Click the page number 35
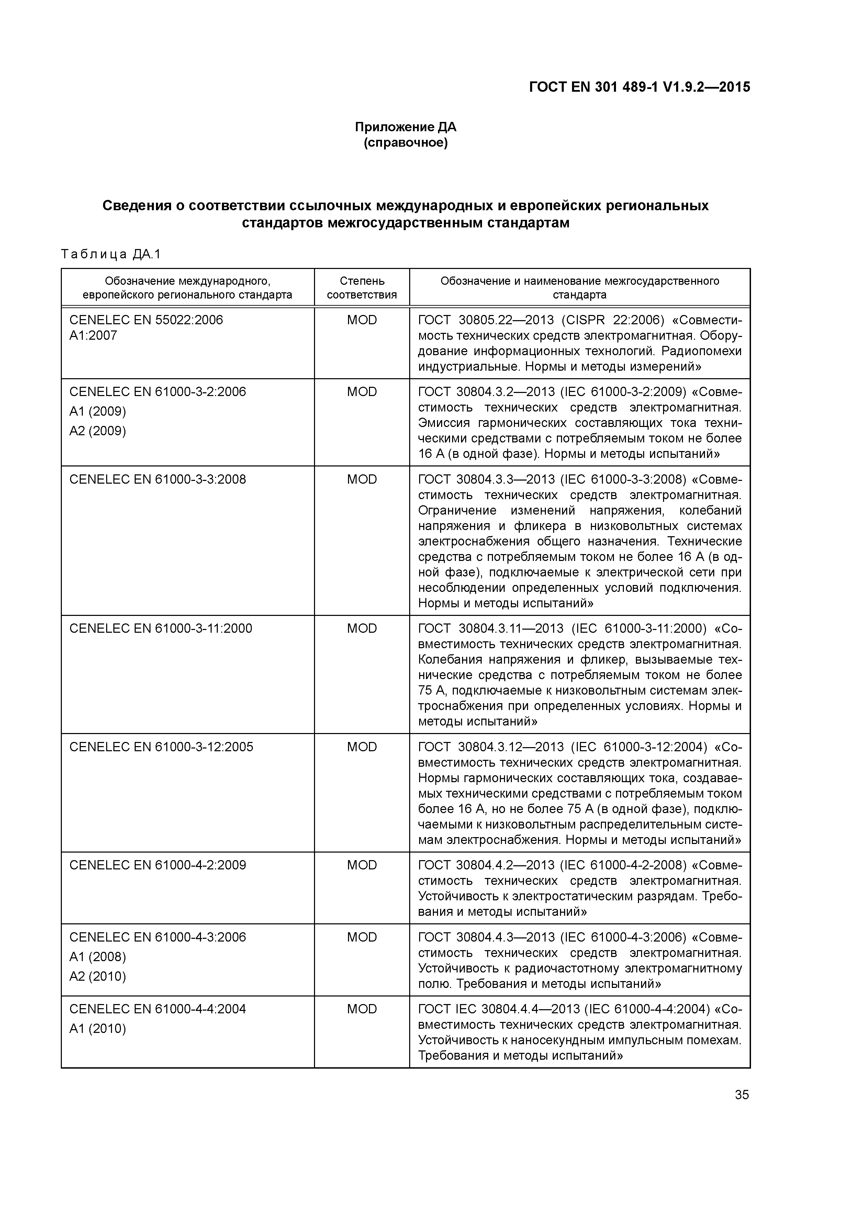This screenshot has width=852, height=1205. tap(741, 1095)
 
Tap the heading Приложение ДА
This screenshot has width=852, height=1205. tap(405, 127)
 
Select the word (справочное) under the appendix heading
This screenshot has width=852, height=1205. tap(405, 143)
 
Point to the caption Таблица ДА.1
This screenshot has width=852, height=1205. tap(111, 255)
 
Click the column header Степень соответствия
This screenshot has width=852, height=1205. tap(362, 288)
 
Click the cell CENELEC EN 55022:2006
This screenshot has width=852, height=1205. tap(146, 320)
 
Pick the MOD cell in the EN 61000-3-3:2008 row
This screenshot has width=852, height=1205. tap(362, 480)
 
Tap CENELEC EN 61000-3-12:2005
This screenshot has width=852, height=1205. tap(161, 747)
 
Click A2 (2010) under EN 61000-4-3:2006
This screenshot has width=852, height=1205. tap(98, 976)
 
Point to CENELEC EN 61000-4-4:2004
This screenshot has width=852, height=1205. tap(157, 1009)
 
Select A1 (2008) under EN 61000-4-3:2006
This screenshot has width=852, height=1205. tap(98, 957)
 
